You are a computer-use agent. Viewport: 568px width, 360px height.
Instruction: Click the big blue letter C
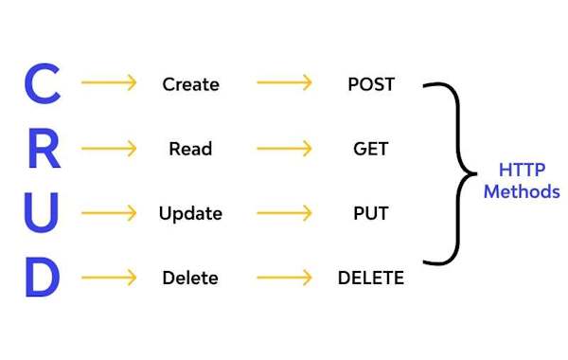coord(41,85)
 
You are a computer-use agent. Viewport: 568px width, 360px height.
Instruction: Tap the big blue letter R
coord(42,150)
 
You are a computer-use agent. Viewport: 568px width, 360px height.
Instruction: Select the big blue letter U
coord(41,214)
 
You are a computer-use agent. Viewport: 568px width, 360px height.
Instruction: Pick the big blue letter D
coord(42,279)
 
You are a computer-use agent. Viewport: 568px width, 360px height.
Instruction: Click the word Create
coord(190,84)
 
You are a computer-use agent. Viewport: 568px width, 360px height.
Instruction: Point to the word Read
coord(190,149)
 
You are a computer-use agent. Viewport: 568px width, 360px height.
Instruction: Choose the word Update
coord(190,214)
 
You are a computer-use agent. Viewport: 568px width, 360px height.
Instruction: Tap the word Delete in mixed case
coord(190,279)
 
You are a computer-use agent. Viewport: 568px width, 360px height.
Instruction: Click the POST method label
coord(371,84)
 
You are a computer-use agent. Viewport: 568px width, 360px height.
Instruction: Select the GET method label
coord(371,149)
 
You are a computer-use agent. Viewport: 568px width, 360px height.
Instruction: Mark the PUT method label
coord(371,213)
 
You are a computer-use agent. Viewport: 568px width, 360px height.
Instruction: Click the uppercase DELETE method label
coord(371,279)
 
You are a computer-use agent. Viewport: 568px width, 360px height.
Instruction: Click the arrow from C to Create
coord(109,83)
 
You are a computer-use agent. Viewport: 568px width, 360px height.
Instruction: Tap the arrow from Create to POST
coord(283,83)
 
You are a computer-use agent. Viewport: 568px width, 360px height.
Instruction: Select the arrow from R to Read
coord(109,149)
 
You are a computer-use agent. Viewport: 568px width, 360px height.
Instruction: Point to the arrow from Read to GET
coord(283,149)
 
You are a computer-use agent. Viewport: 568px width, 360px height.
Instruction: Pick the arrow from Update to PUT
coord(283,213)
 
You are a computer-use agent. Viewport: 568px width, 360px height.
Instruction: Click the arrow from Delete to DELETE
coord(283,278)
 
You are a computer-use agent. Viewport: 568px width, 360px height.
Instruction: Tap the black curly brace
coord(454,173)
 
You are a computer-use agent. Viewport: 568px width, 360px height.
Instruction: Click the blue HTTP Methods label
coord(522,181)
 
